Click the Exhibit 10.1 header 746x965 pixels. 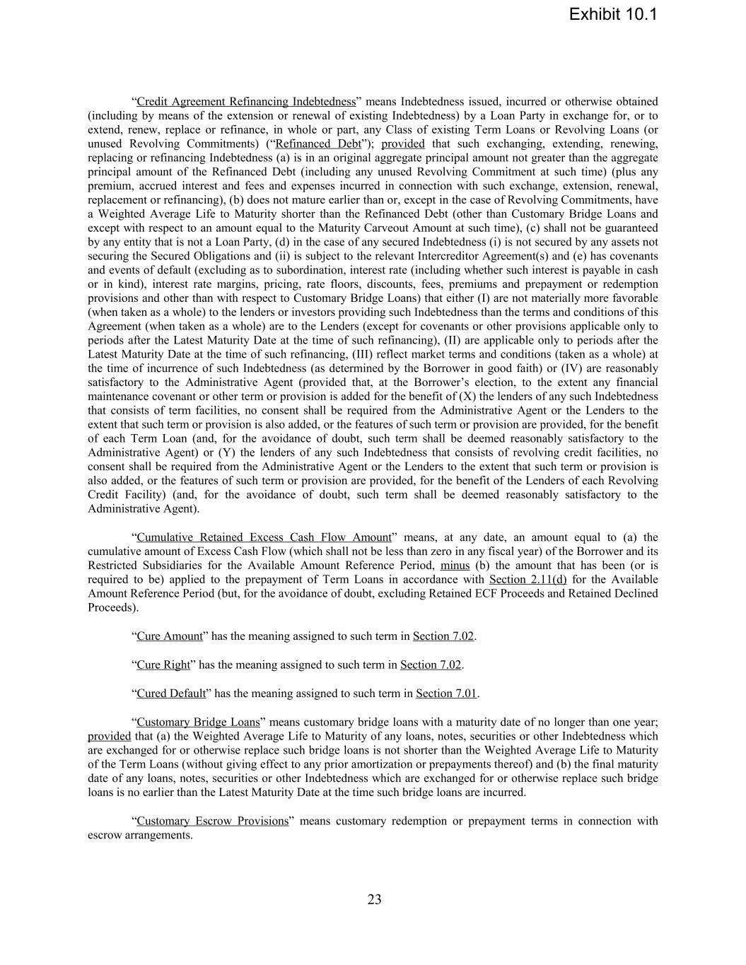612,14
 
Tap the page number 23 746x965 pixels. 374,899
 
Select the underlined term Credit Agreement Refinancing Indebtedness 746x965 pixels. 245,102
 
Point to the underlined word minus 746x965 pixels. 455,566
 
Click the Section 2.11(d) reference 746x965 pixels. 528,580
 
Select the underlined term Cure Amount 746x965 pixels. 170,636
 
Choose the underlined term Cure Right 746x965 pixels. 163,665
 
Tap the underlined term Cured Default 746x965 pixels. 171,694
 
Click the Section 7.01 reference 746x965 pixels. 447,694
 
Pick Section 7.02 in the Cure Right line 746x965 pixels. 431,665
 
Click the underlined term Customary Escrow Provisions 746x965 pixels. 212,821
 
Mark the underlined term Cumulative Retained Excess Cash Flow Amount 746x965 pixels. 264,537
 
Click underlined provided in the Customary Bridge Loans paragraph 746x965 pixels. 109,736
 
